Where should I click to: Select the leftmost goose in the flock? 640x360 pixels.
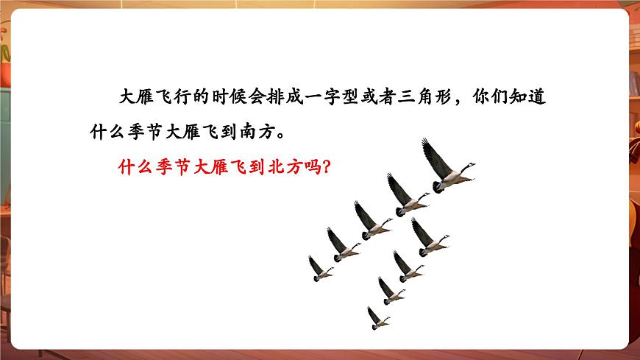click(x=319, y=268)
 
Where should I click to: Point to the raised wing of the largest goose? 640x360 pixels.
click(x=434, y=155)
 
